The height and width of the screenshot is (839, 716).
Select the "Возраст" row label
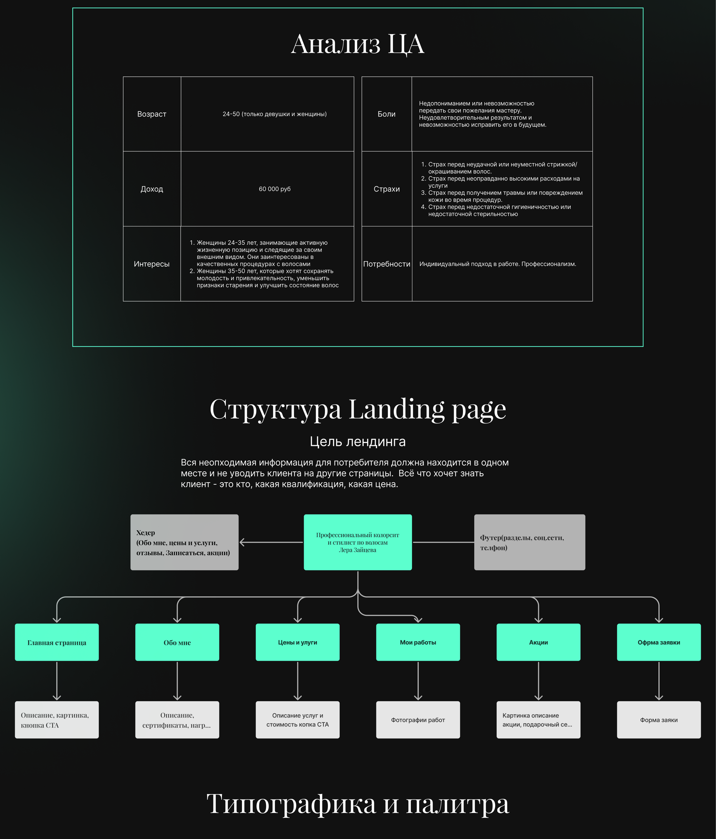151,114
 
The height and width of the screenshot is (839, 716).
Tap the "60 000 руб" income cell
274,189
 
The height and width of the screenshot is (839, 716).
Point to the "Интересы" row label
151,264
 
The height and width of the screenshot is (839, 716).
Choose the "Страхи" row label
387,189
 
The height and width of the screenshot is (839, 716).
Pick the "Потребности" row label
387,264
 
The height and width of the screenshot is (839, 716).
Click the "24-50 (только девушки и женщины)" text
274,114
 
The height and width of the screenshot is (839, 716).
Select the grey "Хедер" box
184,542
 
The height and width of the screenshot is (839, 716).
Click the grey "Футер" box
529,542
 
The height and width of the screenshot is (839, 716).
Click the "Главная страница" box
57,642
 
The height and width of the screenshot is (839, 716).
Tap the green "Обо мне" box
177,642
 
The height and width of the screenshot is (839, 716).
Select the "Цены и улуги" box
298,642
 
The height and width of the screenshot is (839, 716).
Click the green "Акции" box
538,642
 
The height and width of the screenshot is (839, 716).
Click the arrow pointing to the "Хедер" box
271,542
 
